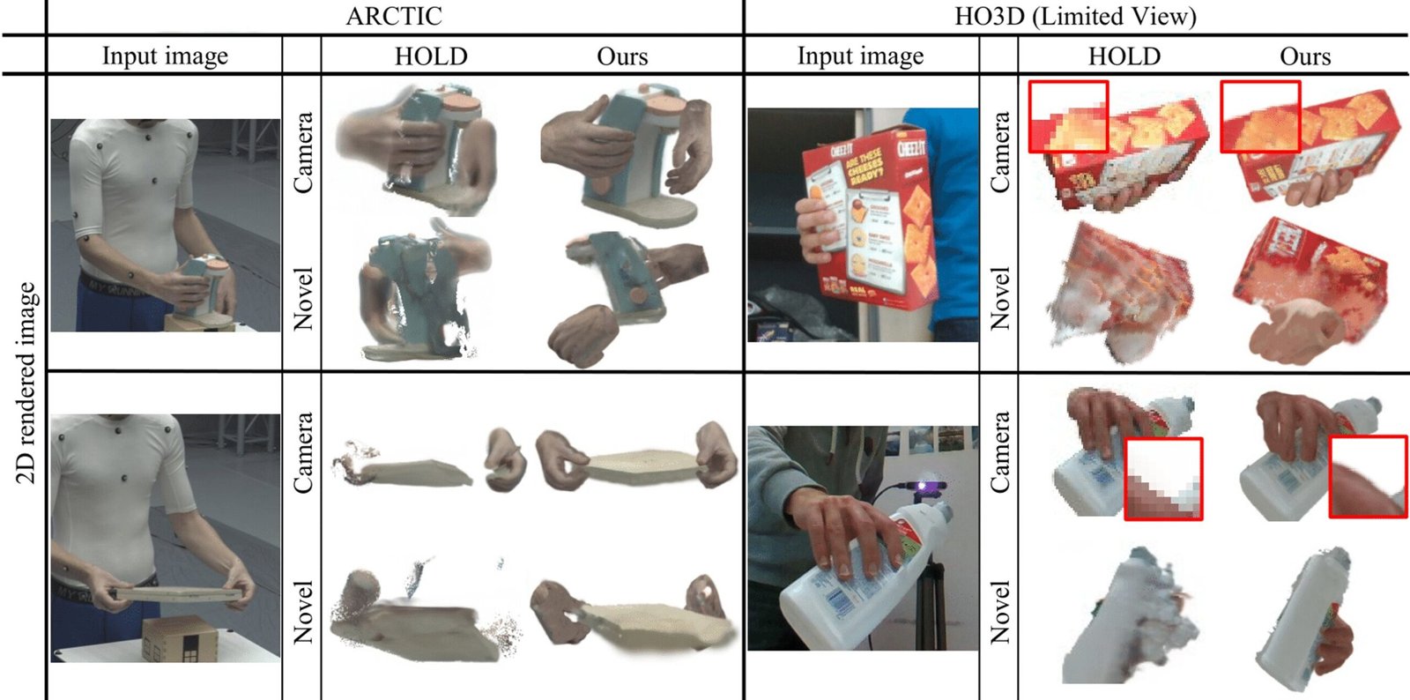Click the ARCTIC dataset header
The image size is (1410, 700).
pyautogui.click(x=394, y=16)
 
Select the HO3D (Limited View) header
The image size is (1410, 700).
pyautogui.click(x=1075, y=16)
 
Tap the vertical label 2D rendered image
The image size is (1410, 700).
pyautogui.click(x=26, y=383)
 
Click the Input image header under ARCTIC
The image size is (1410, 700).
pyautogui.click(x=165, y=56)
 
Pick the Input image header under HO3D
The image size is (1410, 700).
pyautogui.click(x=860, y=56)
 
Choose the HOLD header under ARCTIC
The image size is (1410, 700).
pyautogui.click(x=430, y=56)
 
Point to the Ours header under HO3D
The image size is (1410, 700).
pyautogui.click(x=1304, y=56)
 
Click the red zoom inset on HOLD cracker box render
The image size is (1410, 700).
pyautogui.click(x=1067, y=116)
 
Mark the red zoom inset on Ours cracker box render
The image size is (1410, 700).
pyautogui.click(x=1260, y=116)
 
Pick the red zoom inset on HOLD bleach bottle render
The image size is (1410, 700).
pyautogui.click(x=1163, y=479)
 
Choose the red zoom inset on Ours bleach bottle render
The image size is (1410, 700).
pyautogui.click(x=1367, y=477)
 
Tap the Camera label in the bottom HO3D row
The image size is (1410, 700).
pyautogui.click(x=999, y=452)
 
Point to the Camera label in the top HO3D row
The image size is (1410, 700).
pyautogui.click(x=999, y=153)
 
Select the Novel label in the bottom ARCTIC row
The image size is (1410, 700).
pyautogui.click(x=303, y=612)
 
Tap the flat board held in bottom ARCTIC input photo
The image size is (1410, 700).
pyautogui.click(x=176, y=595)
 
